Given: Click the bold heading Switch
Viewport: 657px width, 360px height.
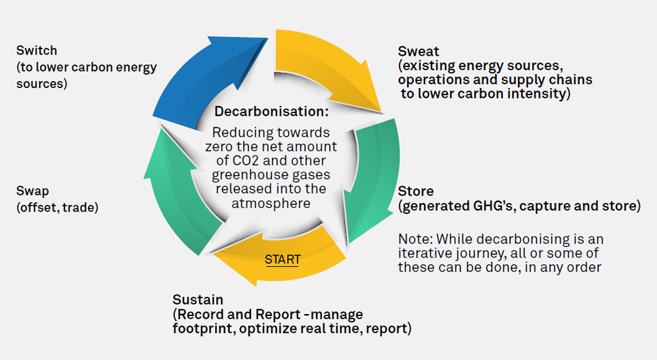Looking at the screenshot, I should click(x=37, y=51).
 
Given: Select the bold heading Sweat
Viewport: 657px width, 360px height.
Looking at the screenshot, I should click(x=419, y=51).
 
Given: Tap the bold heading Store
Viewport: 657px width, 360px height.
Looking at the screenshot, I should click(x=416, y=191).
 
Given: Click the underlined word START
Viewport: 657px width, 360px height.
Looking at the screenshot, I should click(x=283, y=259).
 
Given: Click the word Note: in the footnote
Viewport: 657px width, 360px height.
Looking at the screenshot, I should click(x=414, y=238).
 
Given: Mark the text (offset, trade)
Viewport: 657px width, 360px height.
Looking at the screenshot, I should click(x=57, y=207).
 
